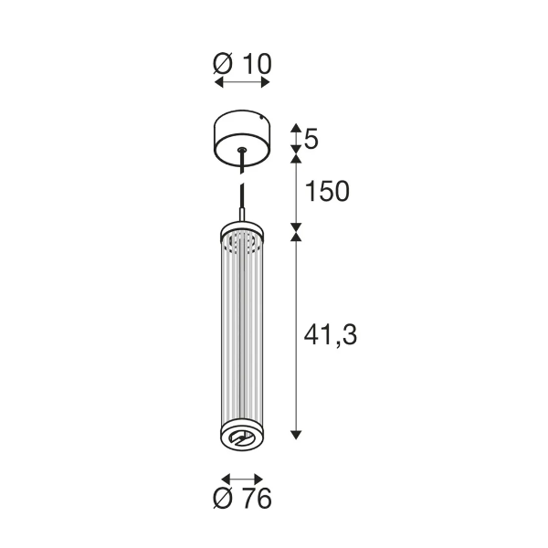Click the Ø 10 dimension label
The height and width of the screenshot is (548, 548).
242,63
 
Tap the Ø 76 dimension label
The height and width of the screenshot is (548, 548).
242,498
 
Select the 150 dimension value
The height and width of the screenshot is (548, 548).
328,191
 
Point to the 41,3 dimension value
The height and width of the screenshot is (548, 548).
329,335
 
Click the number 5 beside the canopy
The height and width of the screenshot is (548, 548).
311,139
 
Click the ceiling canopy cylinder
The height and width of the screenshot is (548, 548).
241,138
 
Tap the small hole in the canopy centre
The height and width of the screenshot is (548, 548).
241,149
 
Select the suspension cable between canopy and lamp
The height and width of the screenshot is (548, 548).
241,192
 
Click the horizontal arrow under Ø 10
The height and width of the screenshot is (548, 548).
242,83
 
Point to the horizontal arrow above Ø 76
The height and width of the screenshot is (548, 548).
242,478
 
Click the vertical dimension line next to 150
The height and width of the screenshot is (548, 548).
296,192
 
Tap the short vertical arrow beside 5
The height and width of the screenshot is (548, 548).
296,139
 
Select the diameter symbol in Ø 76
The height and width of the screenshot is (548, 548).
223,498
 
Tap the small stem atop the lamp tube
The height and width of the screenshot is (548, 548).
241,216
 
